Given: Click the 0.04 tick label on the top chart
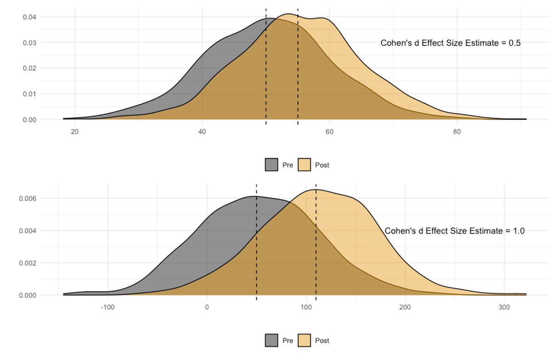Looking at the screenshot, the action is tap(29, 17).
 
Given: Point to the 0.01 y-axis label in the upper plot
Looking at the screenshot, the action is tap(29, 94).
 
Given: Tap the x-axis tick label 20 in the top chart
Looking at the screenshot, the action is tap(75, 131).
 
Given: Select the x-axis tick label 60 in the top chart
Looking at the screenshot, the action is tap(330, 131).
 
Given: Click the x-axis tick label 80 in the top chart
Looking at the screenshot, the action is tap(457, 131).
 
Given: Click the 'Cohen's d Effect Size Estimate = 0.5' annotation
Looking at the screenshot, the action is tap(450, 43).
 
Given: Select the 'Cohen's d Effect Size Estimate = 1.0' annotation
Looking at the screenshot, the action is tap(455, 231).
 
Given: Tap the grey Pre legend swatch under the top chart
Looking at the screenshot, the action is tap(272, 165).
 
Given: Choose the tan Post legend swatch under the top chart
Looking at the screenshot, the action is tap(304, 165).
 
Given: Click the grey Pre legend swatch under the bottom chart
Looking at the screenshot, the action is tap(272, 340).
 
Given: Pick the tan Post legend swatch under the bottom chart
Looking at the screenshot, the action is tap(304, 340).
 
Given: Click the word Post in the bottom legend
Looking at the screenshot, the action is tap(322, 341).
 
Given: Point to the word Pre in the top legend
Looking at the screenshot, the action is tap(288, 165).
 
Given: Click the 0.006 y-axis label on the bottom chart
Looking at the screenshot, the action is tap(28, 198).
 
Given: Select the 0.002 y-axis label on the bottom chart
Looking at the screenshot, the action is tap(28, 263).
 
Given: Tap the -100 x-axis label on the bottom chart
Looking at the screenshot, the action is tap(108, 307).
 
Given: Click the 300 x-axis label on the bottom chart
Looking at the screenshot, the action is tap(504, 307).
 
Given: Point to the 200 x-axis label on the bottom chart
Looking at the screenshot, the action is tap(405, 307).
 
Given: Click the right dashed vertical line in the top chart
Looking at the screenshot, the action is tap(298, 67).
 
